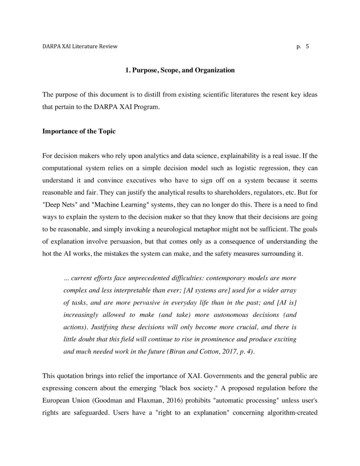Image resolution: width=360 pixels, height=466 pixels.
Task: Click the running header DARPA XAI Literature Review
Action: (x=80, y=46)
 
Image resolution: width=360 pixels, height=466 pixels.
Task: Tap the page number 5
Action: (x=307, y=46)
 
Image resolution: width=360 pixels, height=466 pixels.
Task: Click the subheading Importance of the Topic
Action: (x=79, y=131)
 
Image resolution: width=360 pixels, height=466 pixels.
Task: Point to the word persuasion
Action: (x=125, y=242)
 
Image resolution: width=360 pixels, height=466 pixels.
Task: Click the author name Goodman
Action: (x=109, y=400)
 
